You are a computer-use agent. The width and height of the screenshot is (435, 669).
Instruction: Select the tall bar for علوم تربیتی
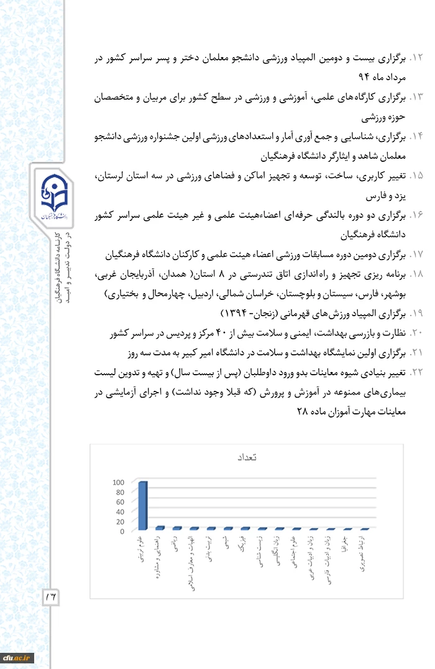142,505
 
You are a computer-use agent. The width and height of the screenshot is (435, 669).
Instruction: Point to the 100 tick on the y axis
118,482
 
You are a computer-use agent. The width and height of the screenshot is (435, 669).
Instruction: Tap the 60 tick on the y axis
120,502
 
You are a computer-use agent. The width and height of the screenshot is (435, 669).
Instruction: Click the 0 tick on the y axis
122,531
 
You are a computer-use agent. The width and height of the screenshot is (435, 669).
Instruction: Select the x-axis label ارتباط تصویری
364,553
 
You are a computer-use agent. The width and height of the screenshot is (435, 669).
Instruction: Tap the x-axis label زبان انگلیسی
278,550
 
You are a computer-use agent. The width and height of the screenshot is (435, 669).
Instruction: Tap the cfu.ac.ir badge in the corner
17,657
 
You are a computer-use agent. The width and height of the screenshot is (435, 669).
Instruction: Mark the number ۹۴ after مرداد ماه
364,78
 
